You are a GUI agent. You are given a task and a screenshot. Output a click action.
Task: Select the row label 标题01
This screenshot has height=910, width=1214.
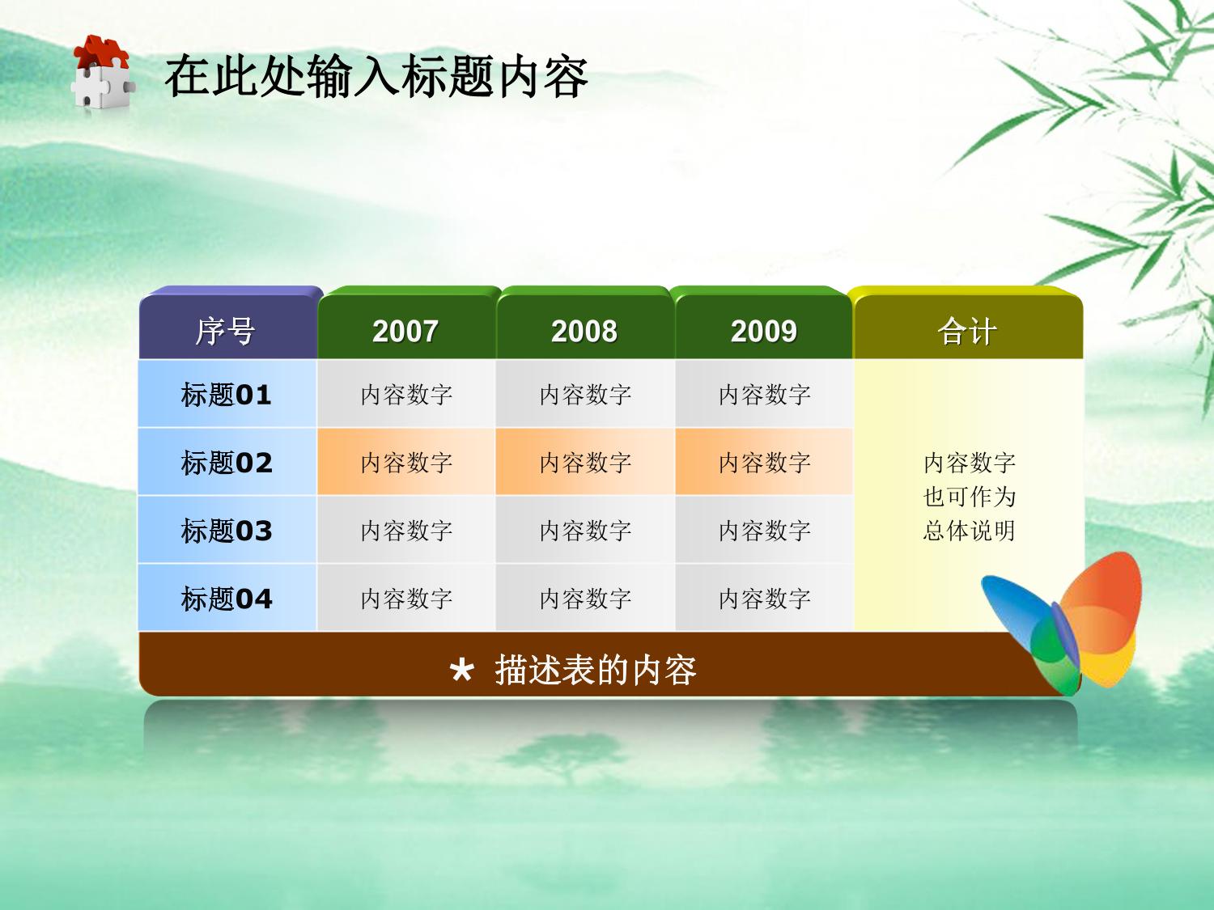[x=227, y=395]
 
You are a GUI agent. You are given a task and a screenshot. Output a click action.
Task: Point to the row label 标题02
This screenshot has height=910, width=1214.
[x=227, y=463]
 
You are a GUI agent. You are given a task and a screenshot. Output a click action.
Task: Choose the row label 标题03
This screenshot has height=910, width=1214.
[x=227, y=531]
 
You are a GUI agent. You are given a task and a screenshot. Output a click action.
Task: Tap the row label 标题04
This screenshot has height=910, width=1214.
[x=227, y=599]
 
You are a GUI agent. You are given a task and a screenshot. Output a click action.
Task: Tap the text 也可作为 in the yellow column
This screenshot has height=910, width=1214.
[x=969, y=497]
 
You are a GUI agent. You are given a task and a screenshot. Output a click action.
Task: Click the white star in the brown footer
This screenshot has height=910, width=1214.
[x=462, y=671]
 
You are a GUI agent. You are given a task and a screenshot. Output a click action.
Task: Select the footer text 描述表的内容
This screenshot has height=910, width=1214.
[x=596, y=671]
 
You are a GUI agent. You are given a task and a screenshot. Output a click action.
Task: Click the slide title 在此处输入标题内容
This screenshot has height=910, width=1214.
[x=376, y=76]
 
